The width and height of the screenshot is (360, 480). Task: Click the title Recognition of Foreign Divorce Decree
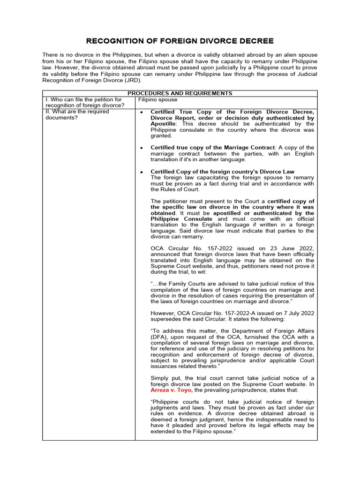(180, 41)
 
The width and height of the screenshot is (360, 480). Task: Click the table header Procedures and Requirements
(180, 94)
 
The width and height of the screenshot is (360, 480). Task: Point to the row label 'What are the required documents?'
(77, 114)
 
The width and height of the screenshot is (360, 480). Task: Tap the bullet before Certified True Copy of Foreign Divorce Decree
(141, 112)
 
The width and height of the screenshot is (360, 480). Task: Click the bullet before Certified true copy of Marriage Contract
(141, 148)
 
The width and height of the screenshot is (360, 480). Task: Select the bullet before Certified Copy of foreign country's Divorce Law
(141, 172)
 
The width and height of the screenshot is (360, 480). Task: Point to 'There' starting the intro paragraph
(50, 56)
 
